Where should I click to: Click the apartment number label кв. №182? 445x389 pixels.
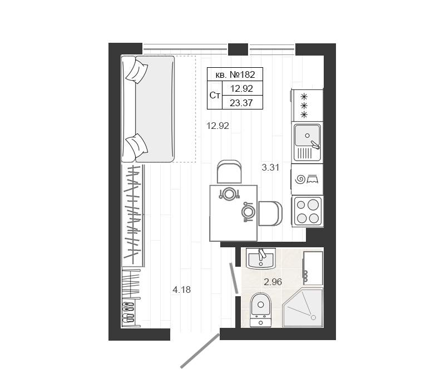(235, 74)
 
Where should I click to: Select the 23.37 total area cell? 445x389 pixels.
(241, 103)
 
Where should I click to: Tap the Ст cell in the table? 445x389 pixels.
(215, 95)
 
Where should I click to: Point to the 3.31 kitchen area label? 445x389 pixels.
(270, 167)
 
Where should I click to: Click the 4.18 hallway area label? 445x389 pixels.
(182, 290)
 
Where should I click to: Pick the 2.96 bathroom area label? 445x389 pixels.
(273, 282)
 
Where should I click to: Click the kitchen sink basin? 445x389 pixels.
(308, 135)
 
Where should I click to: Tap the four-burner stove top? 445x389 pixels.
(308, 211)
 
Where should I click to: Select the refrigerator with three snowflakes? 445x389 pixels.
(307, 106)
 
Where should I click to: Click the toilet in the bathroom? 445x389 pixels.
(260, 310)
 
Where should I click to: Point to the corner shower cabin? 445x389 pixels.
(303, 308)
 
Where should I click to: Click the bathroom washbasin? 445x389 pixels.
(260, 258)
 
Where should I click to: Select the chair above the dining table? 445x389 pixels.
(229, 172)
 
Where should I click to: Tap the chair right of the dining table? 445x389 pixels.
(270, 213)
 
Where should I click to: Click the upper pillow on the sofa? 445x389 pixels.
(137, 72)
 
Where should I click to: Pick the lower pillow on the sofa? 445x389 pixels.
(137, 146)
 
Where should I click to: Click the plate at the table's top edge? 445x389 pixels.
(229, 194)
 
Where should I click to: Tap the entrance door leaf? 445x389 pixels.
(200, 351)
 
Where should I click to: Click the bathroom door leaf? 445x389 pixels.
(234, 278)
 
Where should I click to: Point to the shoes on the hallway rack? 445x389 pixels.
(128, 312)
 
